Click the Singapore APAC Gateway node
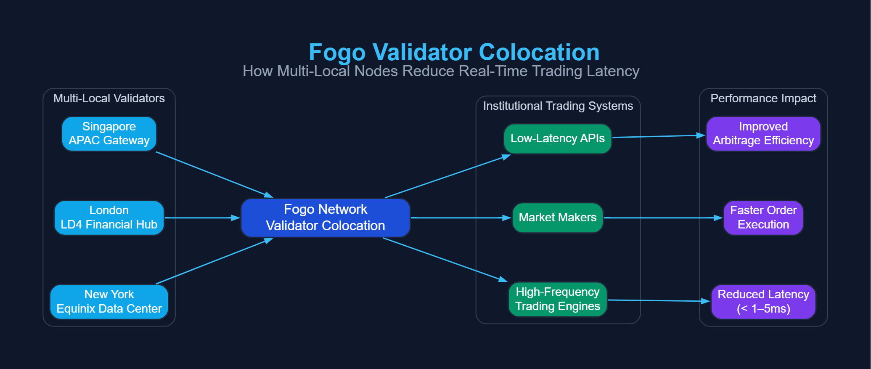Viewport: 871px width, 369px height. pyautogui.click(x=109, y=134)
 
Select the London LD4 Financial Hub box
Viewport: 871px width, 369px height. pyautogui.click(x=109, y=218)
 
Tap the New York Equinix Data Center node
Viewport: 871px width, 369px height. pyautogui.click(x=109, y=302)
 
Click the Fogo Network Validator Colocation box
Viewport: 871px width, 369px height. pyautogui.click(x=325, y=218)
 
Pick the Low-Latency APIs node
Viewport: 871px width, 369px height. pyautogui.click(x=557, y=138)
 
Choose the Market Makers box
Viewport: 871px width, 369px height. pyautogui.click(x=557, y=218)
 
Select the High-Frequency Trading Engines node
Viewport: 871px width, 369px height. pyautogui.click(x=557, y=299)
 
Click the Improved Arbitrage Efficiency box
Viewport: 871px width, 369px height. pyautogui.click(x=763, y=134)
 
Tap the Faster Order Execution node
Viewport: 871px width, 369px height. pyautogui.click(x=763, y=218)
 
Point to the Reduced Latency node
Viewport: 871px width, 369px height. pyautogui.click(x=763, y=302)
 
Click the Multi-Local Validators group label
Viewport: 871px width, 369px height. pyautogui.click(x=109, y=98)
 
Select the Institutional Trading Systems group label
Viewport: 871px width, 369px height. pyautogui.click(x=558, y=106)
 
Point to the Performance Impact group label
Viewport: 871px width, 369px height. pyautogui.click(x=763, y=98)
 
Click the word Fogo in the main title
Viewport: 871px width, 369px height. pyautogui.click(x=337, y=53)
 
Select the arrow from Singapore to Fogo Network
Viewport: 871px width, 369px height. pyautogui.click(x=214, y=175)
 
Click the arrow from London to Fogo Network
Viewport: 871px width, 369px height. pyautogui.click(x=202, y=218)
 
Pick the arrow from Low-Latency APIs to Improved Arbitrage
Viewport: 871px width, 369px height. pyautogui.click(x=659, y=136)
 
